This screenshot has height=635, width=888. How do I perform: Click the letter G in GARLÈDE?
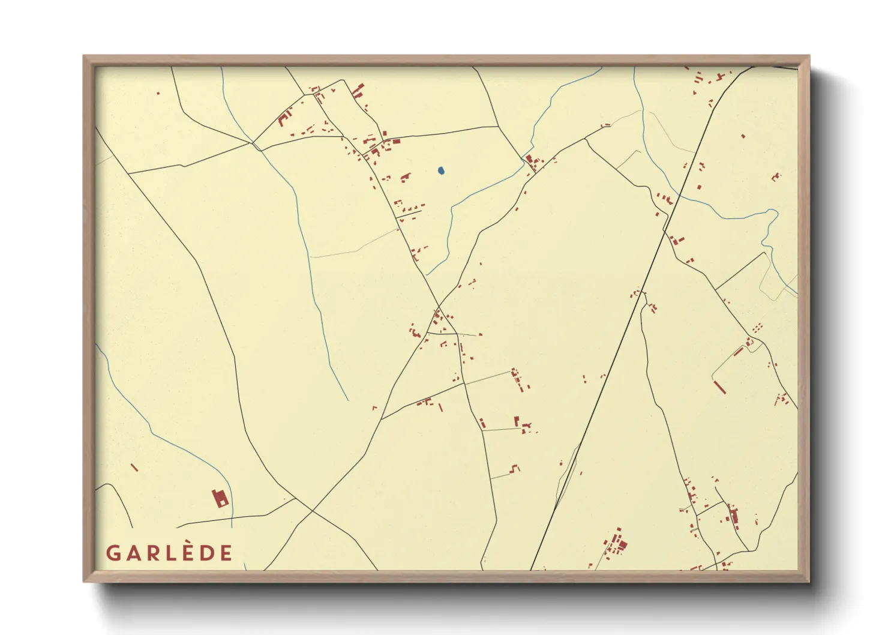(x=112, y=553)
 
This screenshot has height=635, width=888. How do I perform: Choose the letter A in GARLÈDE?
(x=131, y=553)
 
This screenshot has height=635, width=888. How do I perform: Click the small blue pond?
(x=442, y=171)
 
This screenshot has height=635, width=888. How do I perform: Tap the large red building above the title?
(x=220, y=498)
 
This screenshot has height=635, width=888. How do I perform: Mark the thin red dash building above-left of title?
(x=134, y=467)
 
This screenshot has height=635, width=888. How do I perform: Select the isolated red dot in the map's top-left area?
(x=158, y=93)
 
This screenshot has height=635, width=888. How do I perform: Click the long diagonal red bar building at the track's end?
(x=720, y=387)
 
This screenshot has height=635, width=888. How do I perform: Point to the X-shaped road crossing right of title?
(x=312, y=511)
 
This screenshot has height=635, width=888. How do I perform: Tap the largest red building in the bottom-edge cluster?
(x=622, y=546)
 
